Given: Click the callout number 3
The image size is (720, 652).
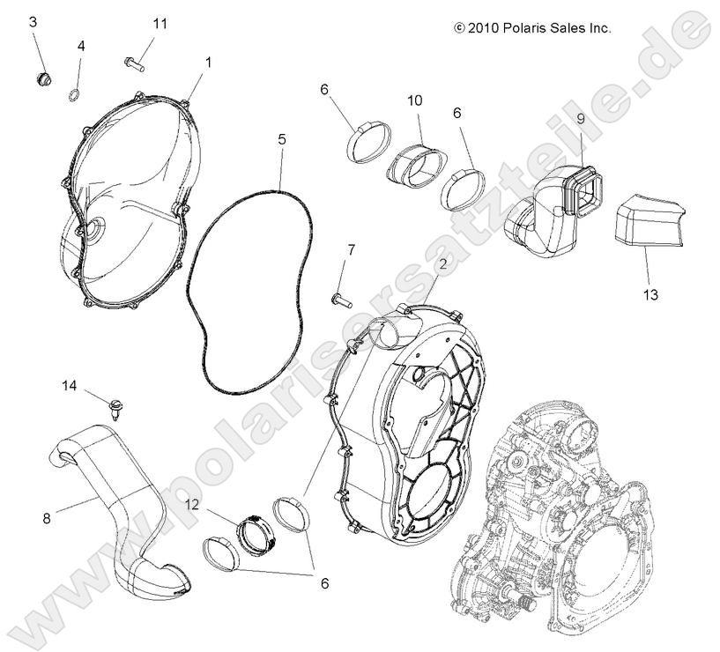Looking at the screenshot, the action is coord(33,21).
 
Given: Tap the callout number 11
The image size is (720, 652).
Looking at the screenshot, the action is coord(159,23).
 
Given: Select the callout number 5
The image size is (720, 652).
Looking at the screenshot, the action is coord(282,139).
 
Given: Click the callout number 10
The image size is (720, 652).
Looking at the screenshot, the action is coord(414,100).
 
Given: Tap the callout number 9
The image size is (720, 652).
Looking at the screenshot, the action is coord(581,118).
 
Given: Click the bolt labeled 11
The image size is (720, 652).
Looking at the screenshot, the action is coord(133,63).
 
